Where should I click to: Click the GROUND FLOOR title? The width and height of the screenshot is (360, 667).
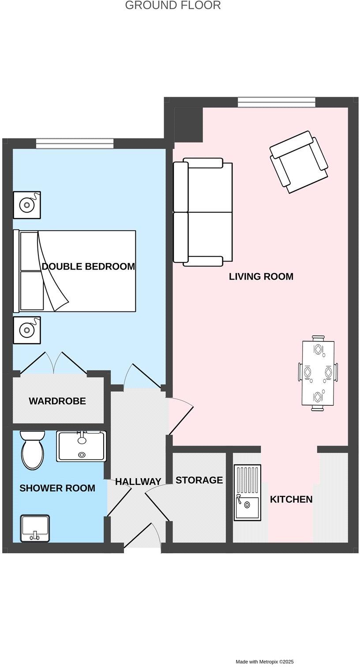click(x=173, y=6)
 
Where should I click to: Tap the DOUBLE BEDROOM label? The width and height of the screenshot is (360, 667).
click(x=88, y=266)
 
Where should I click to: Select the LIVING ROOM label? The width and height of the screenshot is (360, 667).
click(x=261, y=277)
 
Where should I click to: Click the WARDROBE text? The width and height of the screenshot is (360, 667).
click(x=57, y=401)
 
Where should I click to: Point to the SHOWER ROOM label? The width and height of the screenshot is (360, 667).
click(x=57, y=488)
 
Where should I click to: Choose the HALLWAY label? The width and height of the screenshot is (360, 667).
click(x=138, y=482)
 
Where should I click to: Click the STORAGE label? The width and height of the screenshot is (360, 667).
click(x=199, y=480)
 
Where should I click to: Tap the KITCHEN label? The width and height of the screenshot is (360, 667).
click(x=291, y=499)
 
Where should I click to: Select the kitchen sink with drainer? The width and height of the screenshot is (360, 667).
click(x=247, y=492)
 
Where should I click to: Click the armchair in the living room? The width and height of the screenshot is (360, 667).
click(x=299, y=162)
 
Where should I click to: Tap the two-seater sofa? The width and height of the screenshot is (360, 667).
click(x=202, y=212)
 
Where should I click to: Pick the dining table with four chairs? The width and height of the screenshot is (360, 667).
click(x=318, y=373)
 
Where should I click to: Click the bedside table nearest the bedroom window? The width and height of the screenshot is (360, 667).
click(x=27, y=205)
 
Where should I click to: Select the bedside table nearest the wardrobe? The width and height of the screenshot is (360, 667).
click(x=27, y=330)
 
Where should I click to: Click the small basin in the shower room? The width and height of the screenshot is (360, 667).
click(x=35, y=528)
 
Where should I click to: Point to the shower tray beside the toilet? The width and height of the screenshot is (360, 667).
click(x=82, y=446)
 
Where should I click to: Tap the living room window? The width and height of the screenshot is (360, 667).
click(x=277, y=102)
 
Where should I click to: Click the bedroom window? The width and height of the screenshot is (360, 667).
click(x=75, y=143)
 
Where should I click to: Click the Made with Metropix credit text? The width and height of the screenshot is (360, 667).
click(x=264, y=662)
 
